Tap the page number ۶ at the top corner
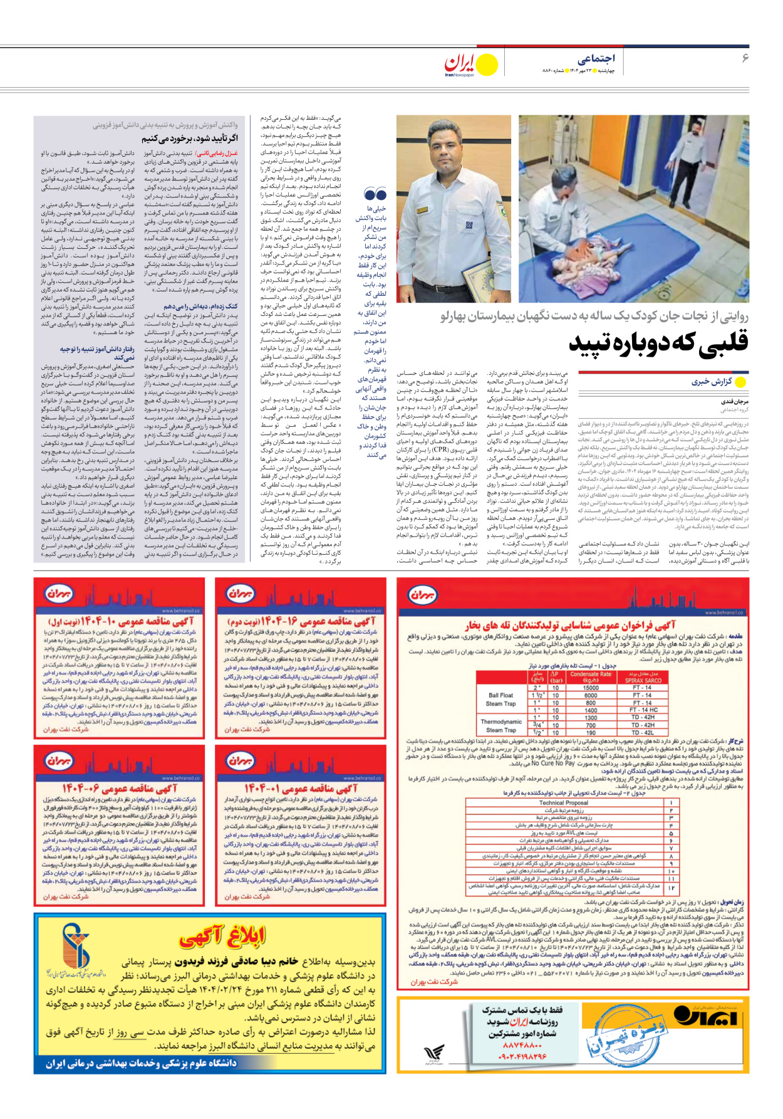[745, 58]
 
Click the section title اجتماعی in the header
[596, 58]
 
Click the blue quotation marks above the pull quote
[375, 194]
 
